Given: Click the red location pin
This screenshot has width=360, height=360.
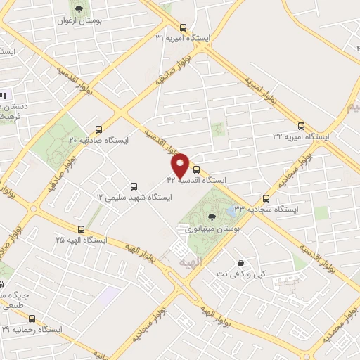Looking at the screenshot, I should tap(181, 164).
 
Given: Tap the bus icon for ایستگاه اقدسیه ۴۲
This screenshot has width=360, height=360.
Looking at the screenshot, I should tap(196, 169).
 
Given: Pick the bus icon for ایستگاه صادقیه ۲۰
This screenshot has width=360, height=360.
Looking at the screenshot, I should tap(98, 129).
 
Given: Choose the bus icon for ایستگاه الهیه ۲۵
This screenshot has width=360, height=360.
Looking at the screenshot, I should tap(82, 229).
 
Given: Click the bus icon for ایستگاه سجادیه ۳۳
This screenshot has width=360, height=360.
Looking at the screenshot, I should tap(266, 198).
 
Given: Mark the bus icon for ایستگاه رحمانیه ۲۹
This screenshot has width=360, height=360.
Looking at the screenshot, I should tap(32, 318).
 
